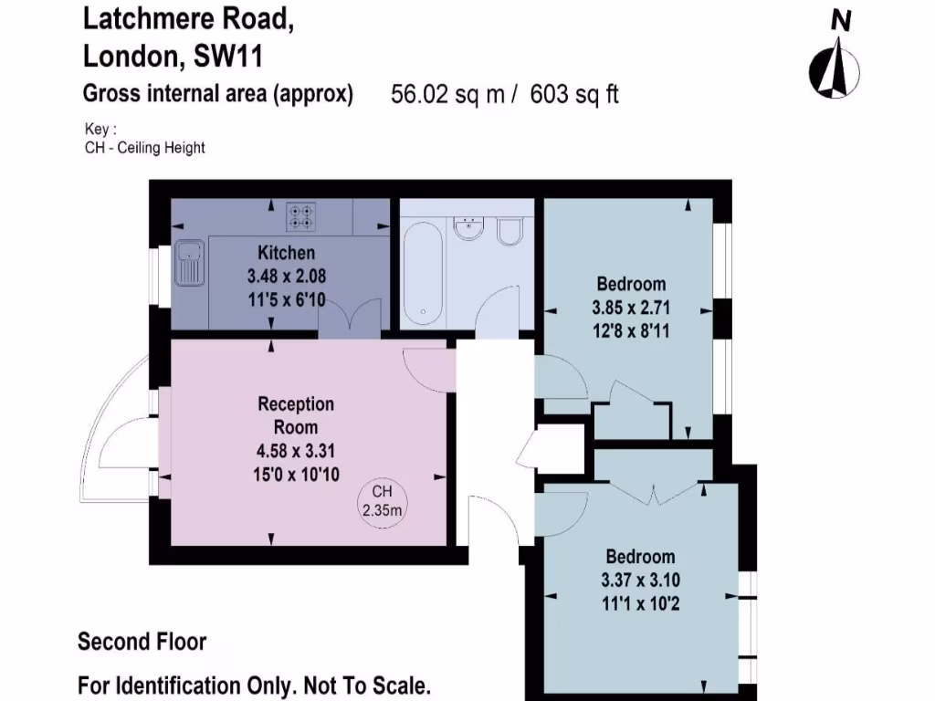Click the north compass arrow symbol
(x=834, y=71)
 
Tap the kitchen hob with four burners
(x=300, y=216)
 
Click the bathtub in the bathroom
(x=423, y=271)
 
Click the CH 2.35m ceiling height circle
(x=381, y=500)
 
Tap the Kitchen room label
(x=286, y=253)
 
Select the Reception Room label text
(x=296, y=414)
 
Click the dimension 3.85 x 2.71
(x=632, y=308)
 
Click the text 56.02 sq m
(x=447, y=94)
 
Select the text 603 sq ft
(x=573, y=94)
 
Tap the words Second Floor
(x=142, y=642)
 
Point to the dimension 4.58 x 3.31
(x=296, y=450)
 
